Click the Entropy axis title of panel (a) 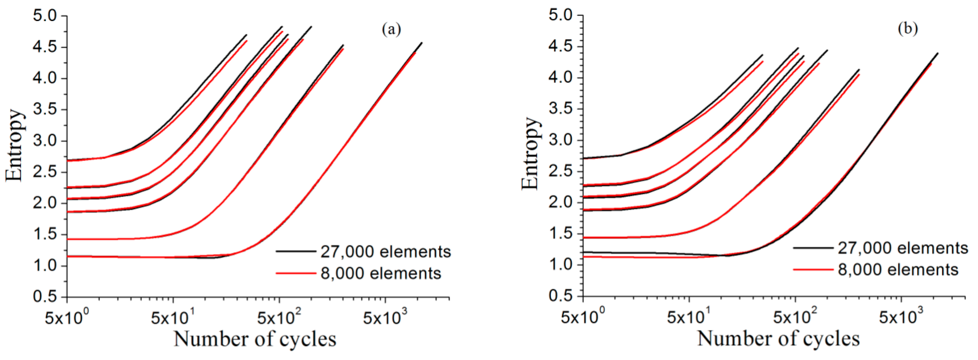click(15, 145)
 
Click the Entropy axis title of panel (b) click(531, 153)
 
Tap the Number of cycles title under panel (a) click(255, 339)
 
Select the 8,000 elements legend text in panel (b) click(898, 270)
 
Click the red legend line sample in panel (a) click(296, 273)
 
